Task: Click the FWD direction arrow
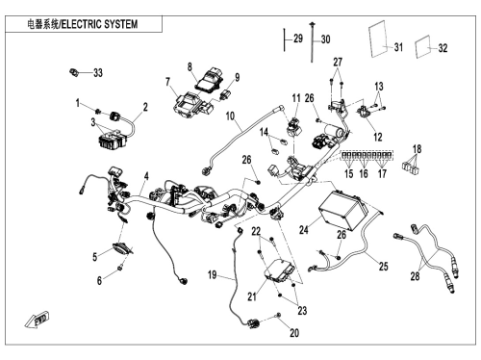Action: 37,319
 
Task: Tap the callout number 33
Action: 98,73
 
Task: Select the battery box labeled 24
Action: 343,209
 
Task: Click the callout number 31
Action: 398,47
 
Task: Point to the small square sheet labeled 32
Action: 423,48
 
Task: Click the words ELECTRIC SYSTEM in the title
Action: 100,24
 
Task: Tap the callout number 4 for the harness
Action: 146,176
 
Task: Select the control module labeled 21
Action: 279,270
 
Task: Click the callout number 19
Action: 213,274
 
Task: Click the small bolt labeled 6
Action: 120,268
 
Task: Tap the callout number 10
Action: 230,116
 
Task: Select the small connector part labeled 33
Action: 74,72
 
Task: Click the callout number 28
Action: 415,276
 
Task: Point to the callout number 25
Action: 384,267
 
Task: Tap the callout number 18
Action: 417,149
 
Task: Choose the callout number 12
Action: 378,138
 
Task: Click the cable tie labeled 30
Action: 312,41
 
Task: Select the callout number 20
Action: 294,333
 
